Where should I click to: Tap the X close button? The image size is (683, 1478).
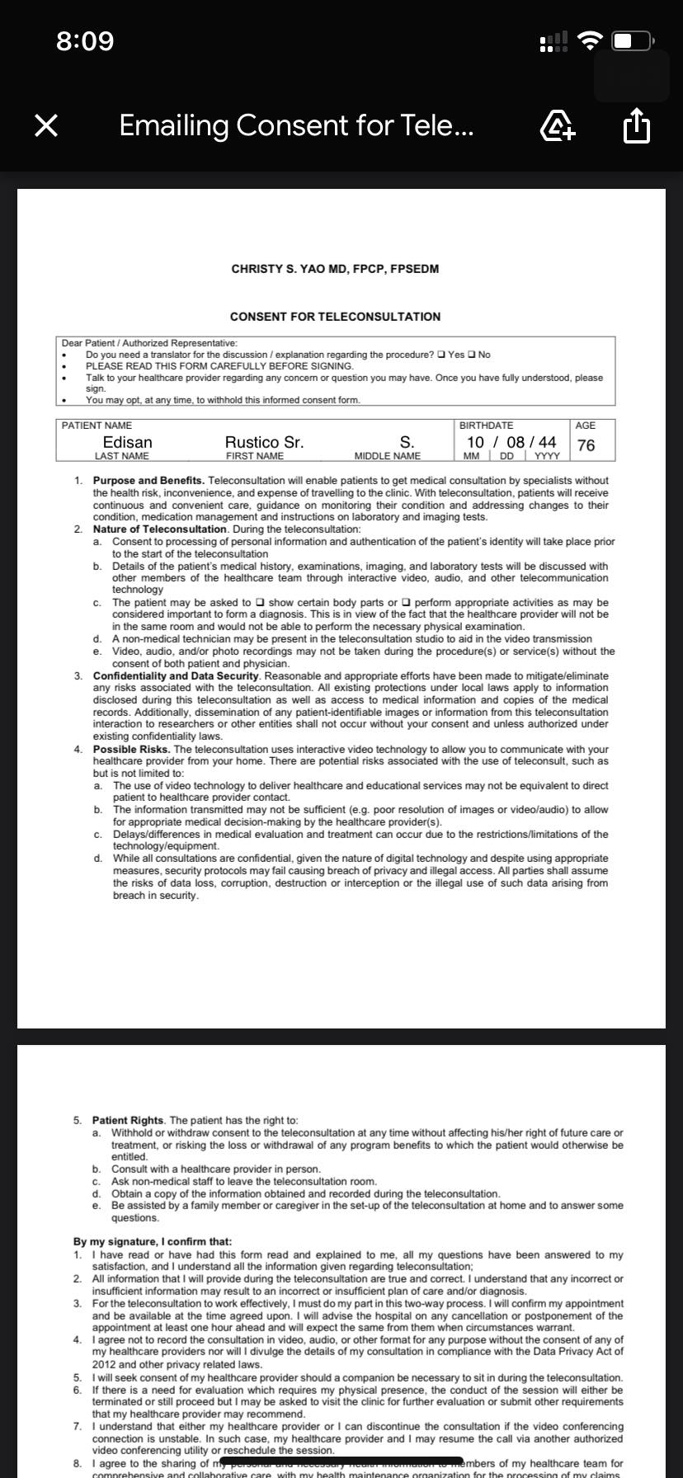[46, 125]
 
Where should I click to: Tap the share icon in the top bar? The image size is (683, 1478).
[636, 126]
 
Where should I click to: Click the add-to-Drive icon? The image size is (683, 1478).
[557, 126]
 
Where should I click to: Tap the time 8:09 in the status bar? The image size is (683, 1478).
[85, 40]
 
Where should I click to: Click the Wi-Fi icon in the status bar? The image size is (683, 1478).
[590, 40]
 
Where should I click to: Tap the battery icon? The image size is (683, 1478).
[634, 40]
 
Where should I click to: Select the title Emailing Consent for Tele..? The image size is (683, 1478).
[296, 125]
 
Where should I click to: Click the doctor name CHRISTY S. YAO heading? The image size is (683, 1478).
[335, 269]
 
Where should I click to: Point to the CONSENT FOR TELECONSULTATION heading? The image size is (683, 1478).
[335, 317]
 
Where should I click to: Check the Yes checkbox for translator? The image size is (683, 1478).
[442, 355]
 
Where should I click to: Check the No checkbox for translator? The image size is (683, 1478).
[472, 355]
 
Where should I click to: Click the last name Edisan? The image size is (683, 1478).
[127, 442]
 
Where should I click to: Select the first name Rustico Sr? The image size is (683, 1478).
[264, 442]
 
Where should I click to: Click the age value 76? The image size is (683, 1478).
[586, 445]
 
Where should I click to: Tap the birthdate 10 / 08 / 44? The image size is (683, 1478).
[511, 442]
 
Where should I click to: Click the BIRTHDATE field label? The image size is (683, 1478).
[486, 426]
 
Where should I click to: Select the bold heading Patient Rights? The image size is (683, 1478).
[129, 1120]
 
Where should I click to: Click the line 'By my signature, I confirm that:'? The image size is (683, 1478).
[153, 1241]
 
